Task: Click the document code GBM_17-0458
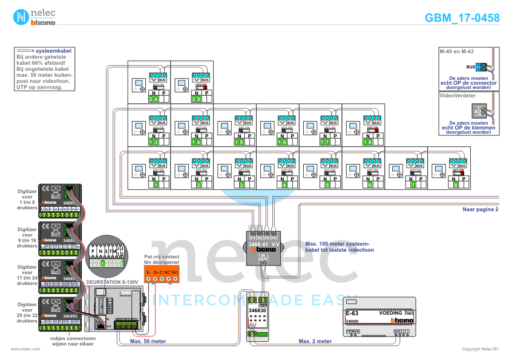click(x=462, y=18)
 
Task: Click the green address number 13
click(x=154, y=142)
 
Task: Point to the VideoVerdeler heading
click(x=458, y=96)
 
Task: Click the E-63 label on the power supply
click(x=352, y=313)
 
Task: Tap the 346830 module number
click(x=257, y=310)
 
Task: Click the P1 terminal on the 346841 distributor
click(x=252, y=238)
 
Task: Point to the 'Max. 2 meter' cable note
click(x=315, y=341)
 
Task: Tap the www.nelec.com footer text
click(x=25, y=349)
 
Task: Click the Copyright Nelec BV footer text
click(x=480, y=349)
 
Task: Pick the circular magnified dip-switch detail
click(x=106, y=254)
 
